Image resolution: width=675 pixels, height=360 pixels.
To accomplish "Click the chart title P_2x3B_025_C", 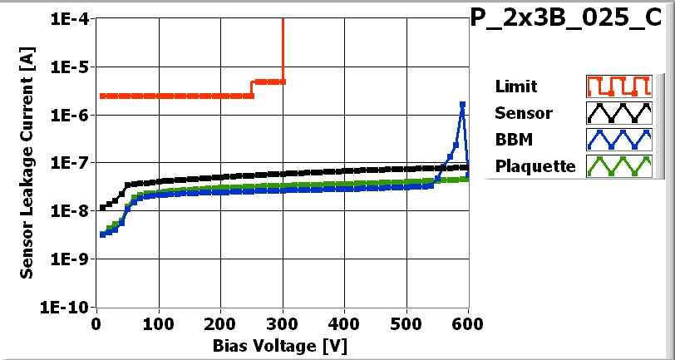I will pos(571,20).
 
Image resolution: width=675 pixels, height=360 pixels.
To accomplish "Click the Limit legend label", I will pos(515,86).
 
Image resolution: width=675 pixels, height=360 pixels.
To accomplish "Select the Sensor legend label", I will pos(523,113).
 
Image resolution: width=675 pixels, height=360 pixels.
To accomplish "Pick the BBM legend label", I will pos(512,140).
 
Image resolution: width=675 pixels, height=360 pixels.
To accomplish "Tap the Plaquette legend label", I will pos(535,166).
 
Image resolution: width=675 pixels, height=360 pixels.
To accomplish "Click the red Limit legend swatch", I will pos(616,86).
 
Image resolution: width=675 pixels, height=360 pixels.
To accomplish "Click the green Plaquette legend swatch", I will pos(616,166).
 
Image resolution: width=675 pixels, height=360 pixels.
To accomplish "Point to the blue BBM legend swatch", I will pos(616,140).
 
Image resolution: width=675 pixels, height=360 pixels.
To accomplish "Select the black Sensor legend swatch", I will pos(616,113).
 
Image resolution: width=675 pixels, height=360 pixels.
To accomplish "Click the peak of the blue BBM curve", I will pos(462,105).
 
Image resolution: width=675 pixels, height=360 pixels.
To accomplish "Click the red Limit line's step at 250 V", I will pos(252,88).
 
